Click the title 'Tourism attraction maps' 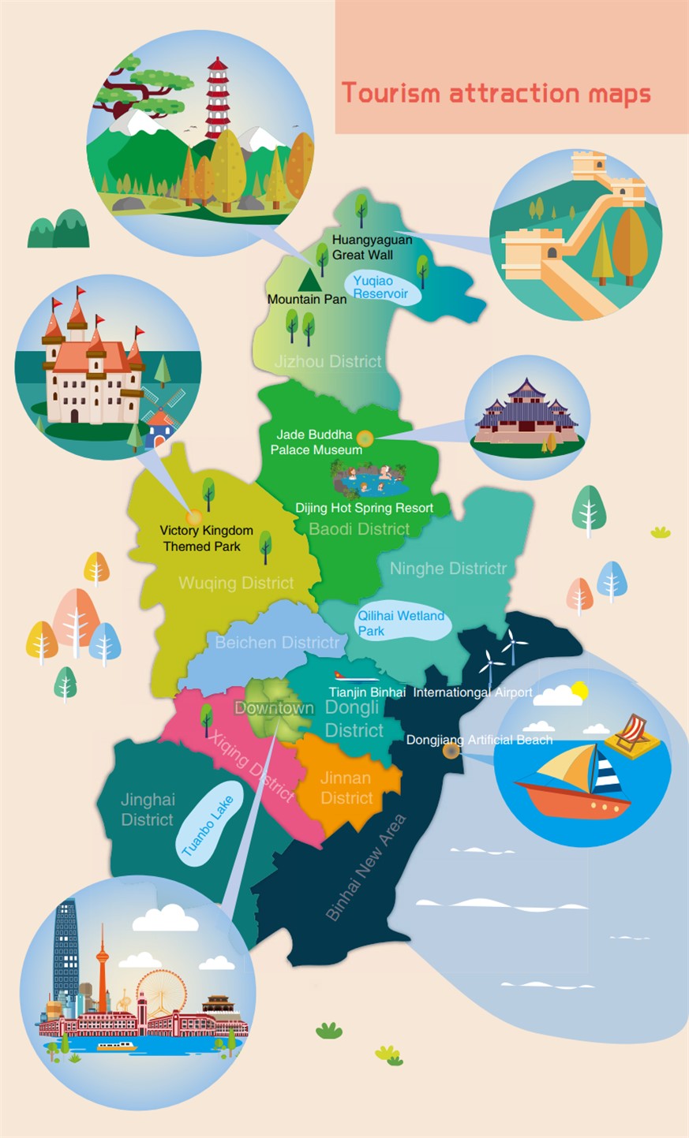496,93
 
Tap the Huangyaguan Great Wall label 372,248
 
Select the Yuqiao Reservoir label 381,287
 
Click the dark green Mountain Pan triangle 309,278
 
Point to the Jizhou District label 328,362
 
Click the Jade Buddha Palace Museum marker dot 365,438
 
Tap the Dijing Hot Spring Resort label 365,508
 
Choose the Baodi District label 359,529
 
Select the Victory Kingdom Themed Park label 206,539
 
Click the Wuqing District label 236,584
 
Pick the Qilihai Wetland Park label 401,623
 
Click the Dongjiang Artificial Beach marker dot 451,751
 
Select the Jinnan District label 346,788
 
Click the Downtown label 274,708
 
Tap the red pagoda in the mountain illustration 218,99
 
